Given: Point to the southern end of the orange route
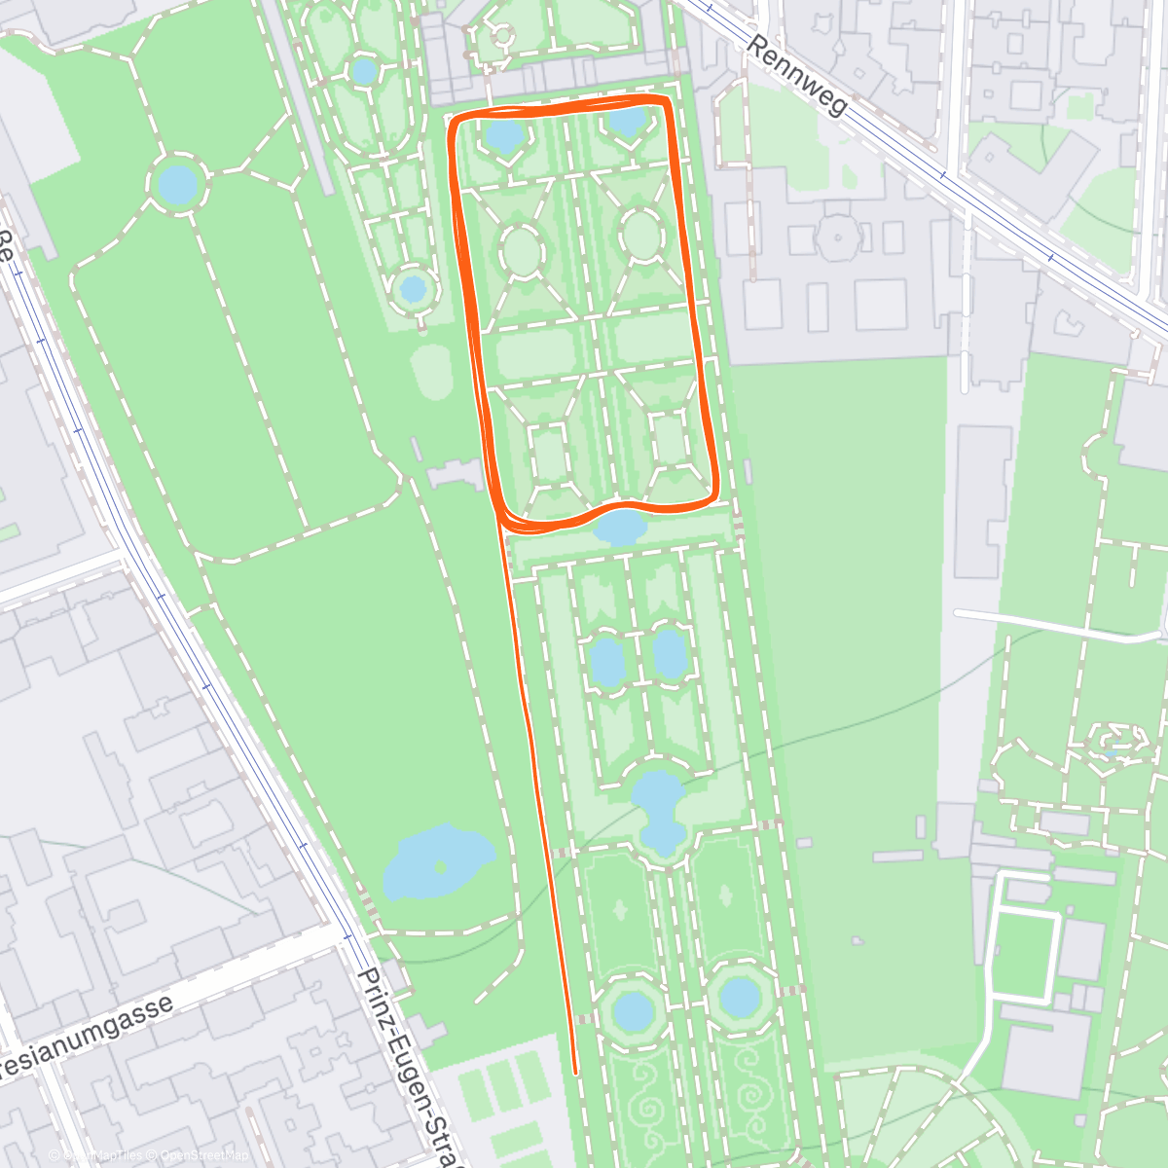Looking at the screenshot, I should [575, 1073].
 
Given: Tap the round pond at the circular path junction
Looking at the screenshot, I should [178, 184].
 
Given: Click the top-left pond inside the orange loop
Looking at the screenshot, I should [505, 135].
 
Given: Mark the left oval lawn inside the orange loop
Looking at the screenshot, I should [523, 251].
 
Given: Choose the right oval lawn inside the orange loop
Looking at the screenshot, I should [641, 235].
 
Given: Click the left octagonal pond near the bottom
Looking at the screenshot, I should [634, 1009].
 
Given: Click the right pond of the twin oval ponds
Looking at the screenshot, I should [670, 653].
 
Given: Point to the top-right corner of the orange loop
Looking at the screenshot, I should [667, 100].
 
